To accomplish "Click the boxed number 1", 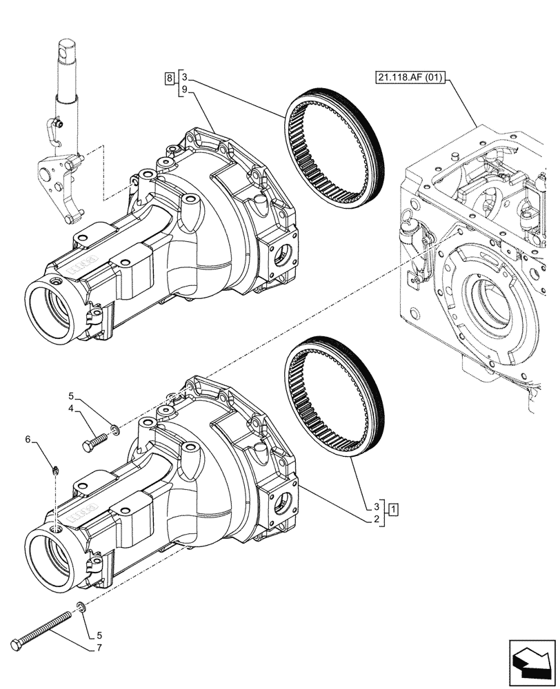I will click(x=392, y=511).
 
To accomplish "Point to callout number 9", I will click(x=185, y=89).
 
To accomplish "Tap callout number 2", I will click(x=377, y=521).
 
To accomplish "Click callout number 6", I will click(x=47, y=439).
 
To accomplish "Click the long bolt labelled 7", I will click(x=41, y=621).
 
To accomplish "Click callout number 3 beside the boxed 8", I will click(x=185, y=78).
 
